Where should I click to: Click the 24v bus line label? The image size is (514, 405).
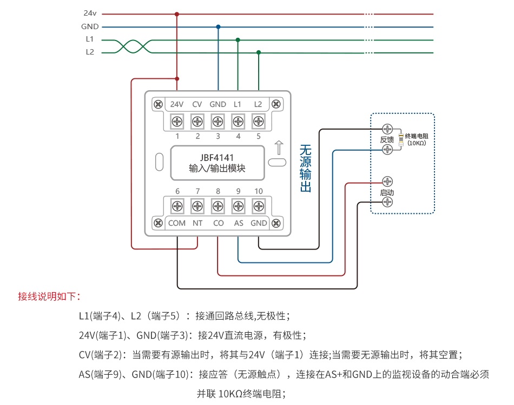click(90, 13)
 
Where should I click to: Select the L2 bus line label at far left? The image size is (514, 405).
click(90, 52)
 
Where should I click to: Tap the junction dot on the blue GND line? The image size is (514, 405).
click(218, 26)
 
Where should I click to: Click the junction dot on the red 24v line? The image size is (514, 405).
click(177, 14)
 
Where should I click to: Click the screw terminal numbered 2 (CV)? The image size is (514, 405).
click(197, 120)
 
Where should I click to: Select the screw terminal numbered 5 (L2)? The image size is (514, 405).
click(259, 120)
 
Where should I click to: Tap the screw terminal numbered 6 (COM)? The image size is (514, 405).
click(177, 206)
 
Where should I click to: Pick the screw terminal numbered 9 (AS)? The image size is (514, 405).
click(238, 206)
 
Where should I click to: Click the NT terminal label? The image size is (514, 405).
click(197, 222)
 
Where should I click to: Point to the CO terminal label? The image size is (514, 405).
click(218, 222)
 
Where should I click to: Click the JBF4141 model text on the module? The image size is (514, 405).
click(217, 158)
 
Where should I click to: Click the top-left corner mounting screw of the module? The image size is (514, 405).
click(159, 104)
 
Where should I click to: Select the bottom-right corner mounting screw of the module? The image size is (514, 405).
click(276, 222)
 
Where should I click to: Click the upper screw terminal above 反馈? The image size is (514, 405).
click(387, 129)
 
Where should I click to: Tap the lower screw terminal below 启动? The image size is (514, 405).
click(387, 202)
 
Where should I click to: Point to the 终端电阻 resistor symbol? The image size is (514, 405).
click(401, 139)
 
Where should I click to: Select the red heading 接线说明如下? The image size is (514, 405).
click(49, 296)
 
